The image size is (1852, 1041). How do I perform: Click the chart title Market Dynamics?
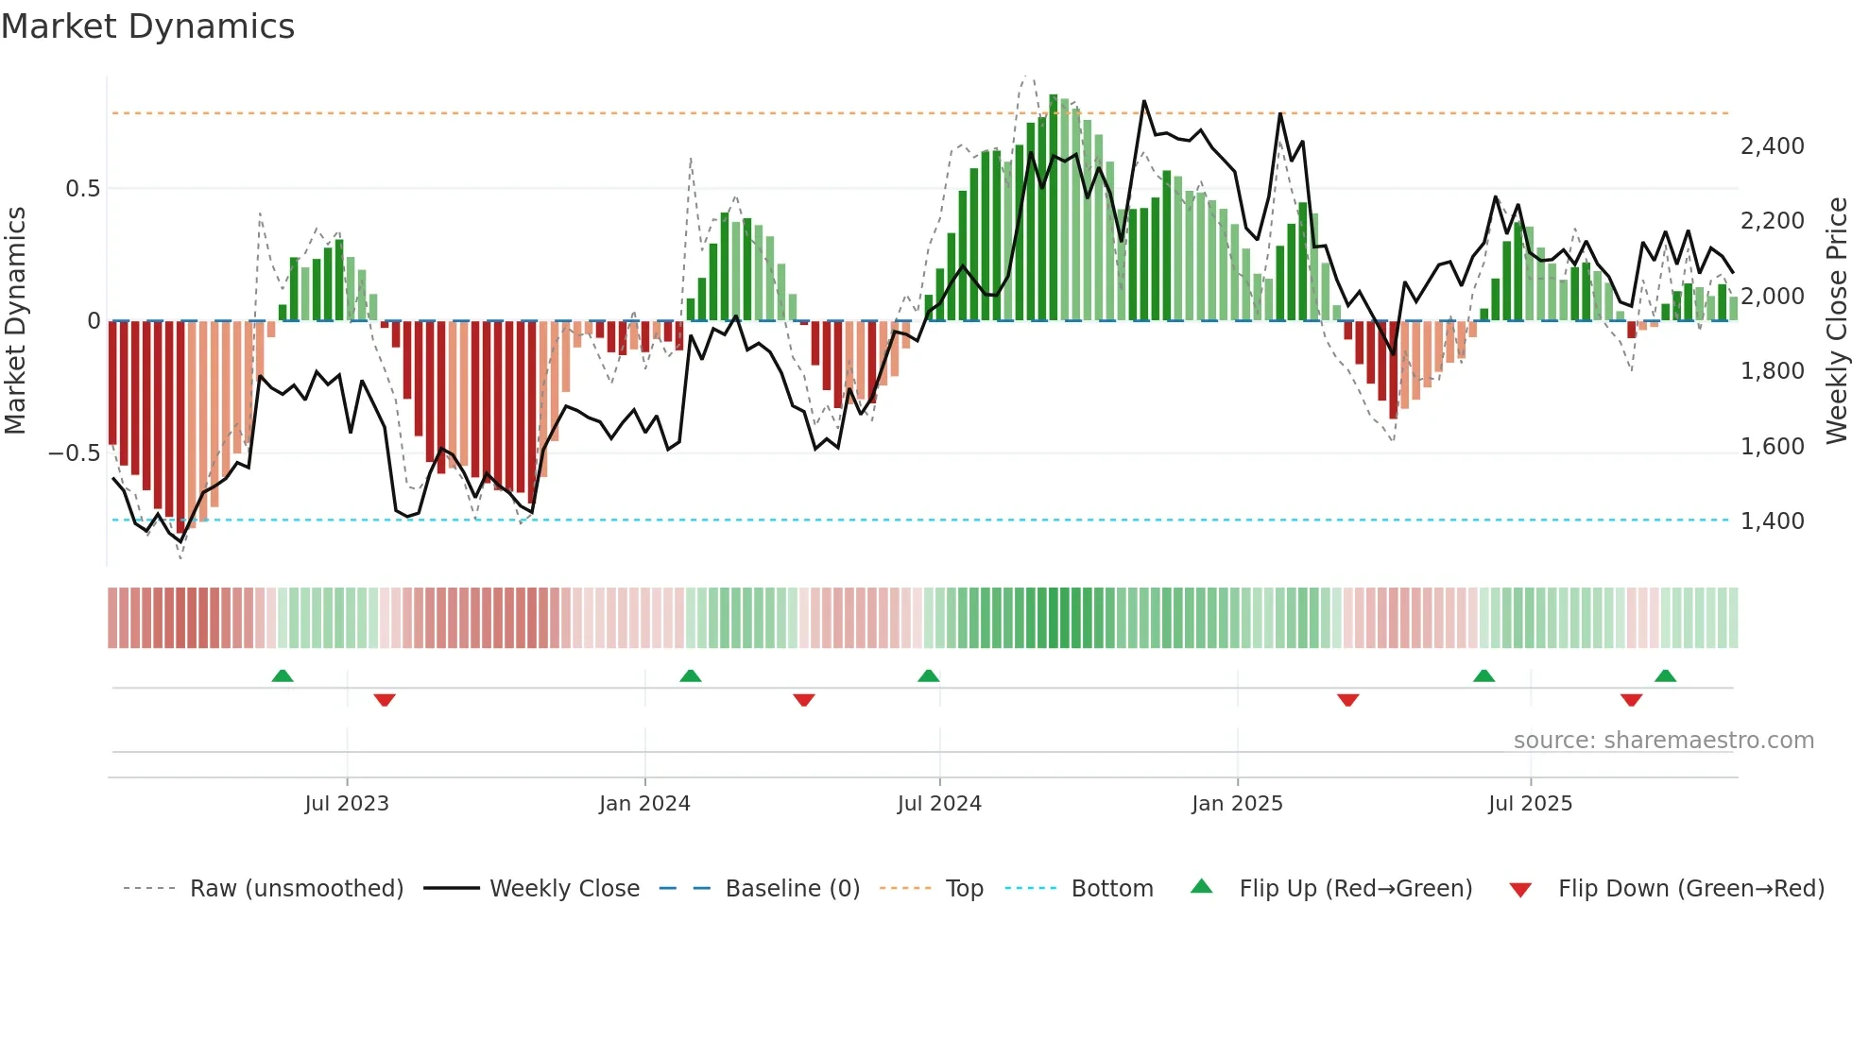click(147, 26)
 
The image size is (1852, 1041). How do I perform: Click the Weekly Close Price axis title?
click(1836, 320)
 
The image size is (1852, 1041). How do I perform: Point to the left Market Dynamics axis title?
click(15, 320)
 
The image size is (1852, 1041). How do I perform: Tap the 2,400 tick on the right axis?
click(1772, 146)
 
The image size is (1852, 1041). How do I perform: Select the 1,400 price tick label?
click(1772, 521)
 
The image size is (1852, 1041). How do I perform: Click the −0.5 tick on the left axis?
click(74, 453)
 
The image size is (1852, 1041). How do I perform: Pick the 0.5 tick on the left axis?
click(82, 189)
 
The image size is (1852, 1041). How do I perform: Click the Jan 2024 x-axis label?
click(644, 804)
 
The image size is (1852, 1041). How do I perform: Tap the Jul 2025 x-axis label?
click(1530, 804)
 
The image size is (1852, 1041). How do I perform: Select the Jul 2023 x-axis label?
click(347, 804)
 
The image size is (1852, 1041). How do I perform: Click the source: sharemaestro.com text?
click(1663, 741)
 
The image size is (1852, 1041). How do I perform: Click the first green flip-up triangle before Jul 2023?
click(283, 676)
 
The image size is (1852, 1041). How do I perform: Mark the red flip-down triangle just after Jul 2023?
click(385, 700)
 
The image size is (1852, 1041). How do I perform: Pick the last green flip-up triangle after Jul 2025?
click(1665, 676)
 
